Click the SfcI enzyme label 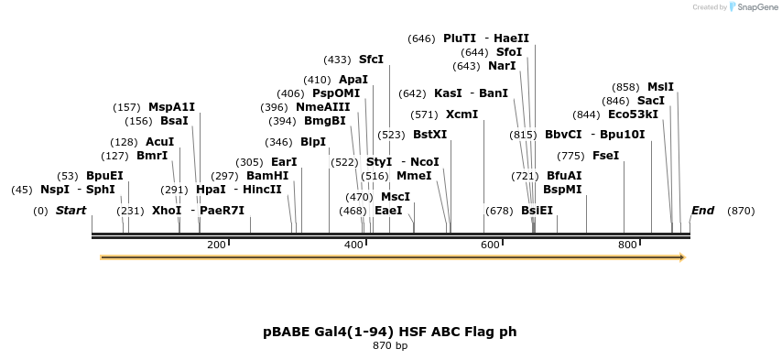pyautogui.click(x=371, y=60)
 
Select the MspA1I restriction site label pyautogui.click(x=171, y=107)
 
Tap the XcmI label pyautogui.click(x=462, y=115)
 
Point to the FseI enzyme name pyautogui.click(x=605, y=156)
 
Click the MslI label pyautogui.click(x=660, y=87)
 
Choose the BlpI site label pyautogui.click(x=312, y=142)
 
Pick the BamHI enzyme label pyautogui.click(x=267, y=176)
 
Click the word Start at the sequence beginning pyautogui.click(x=71, y=211)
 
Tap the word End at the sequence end pyautogui.click(x=702, y=211)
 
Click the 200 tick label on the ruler pyautogui.click(x=216, y=245)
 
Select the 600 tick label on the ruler pyautogui.click(x=490, y=245)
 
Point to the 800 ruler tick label pyautogui.click(x=627, y=245)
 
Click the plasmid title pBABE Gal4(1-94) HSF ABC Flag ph pyautogui.click(x=390, y=331)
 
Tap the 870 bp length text pyautogui.click(x=390, y=346)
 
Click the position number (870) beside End pyautogui.click(x=741, y=211)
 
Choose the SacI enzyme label pyautogui.click(x=650, y=101)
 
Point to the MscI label pyautogui.click(x=395, y=197)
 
